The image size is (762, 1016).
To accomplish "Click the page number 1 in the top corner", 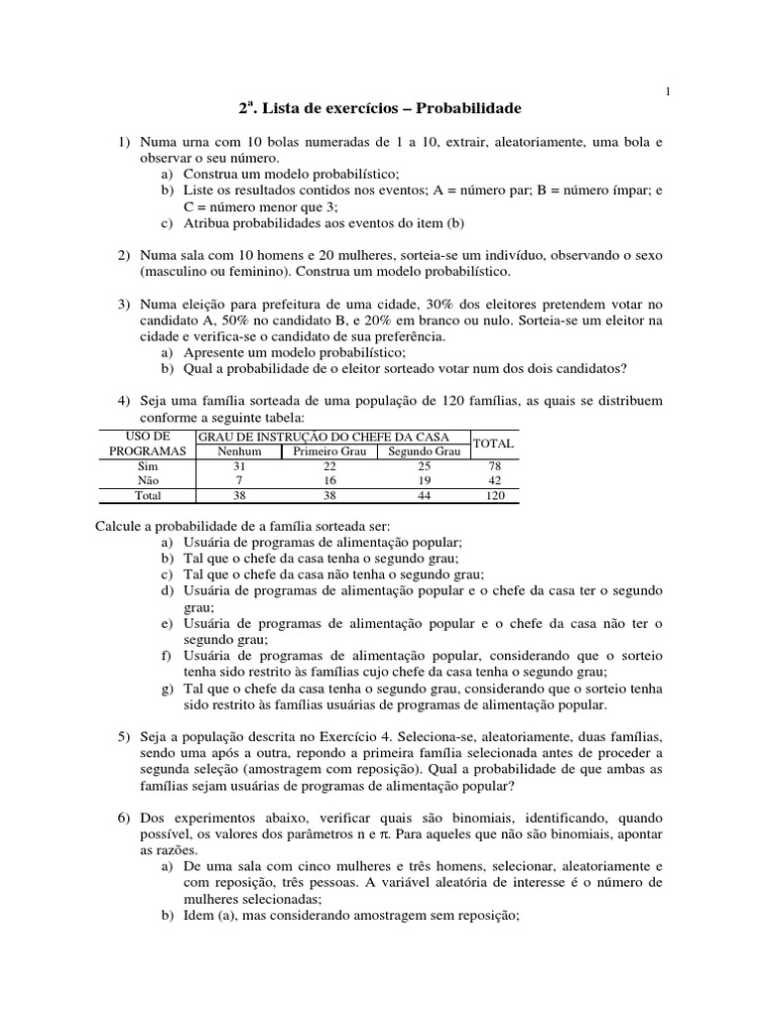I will click(668, 92).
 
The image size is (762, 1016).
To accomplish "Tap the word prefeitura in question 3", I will click(281, 304).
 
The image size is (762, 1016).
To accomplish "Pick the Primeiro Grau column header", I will click(330, 451).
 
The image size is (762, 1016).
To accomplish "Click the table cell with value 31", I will click(238, 465).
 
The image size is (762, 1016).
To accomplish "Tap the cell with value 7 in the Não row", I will click(238, 479).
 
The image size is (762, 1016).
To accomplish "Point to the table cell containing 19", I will click(423, 479).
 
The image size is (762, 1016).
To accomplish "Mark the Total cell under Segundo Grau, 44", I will click(423, 495).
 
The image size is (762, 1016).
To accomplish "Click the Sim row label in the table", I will click(147, 465).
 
